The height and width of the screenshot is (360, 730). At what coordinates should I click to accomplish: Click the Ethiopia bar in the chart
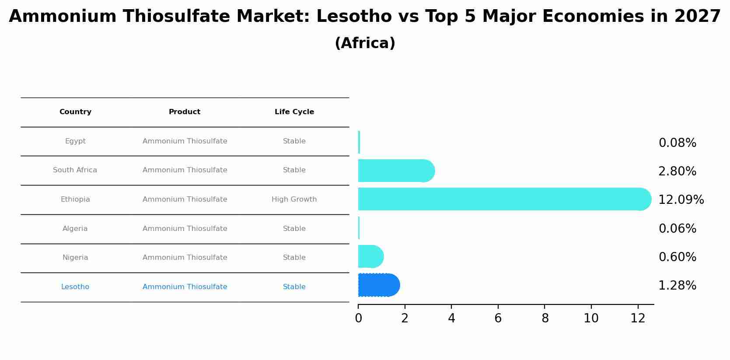[x=503, y=199]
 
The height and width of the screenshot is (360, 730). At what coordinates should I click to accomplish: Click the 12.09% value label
[x=681, y=200]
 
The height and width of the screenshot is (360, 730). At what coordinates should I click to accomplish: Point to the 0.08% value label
[x=677, y=143]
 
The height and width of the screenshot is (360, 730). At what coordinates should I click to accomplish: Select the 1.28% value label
[x=677, y=286]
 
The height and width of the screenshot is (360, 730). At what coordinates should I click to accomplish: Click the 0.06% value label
[x=677, y=229]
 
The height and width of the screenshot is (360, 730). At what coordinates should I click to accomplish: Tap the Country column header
[x=75, y=112]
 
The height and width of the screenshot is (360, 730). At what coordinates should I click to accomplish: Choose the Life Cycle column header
[x=294, y=112]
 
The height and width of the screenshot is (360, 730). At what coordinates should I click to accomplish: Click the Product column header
[x=185, y=112]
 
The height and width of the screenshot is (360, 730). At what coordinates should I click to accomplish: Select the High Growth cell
[x=294, y=199]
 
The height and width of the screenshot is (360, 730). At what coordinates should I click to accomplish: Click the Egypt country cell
[x=75, y=141]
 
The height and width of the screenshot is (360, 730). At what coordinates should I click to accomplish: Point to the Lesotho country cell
[x=75, y=287]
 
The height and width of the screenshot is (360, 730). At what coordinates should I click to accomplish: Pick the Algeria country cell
[x=75, y=229]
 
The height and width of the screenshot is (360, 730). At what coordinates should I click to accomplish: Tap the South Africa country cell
[x=75, y=170]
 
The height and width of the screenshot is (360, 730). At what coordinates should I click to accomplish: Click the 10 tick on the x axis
[x=591, y=318]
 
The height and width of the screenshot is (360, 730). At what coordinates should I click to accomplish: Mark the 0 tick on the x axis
[x=358, y=318]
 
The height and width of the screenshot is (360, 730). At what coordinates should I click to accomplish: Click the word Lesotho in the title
[x=354, y=17]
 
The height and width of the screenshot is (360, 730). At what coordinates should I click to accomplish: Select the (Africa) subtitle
[x=365, y=43]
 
